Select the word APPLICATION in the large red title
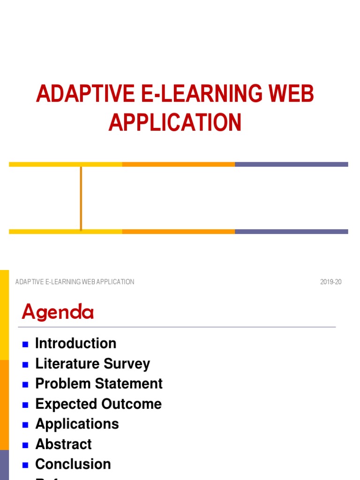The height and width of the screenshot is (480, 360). point(175,122)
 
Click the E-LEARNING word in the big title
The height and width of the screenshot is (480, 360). point(195,94)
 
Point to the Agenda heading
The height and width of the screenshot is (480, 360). point(58,312)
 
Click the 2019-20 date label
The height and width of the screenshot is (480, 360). point(331,282)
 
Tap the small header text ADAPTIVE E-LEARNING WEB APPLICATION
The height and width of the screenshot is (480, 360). point(75,282)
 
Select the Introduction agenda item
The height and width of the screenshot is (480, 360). point(75,344)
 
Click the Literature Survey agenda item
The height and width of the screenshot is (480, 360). point(92,364)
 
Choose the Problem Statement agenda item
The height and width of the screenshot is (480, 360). point(98,384)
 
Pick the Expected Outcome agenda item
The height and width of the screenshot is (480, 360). point(98,404)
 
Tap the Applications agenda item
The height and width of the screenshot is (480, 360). point(77,424)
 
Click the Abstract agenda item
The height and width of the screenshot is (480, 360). point(63,444)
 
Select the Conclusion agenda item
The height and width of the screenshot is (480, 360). point(73,465)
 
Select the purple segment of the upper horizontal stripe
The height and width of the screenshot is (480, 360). point(291,165)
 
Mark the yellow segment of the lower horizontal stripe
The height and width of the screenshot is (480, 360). point(65,232)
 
